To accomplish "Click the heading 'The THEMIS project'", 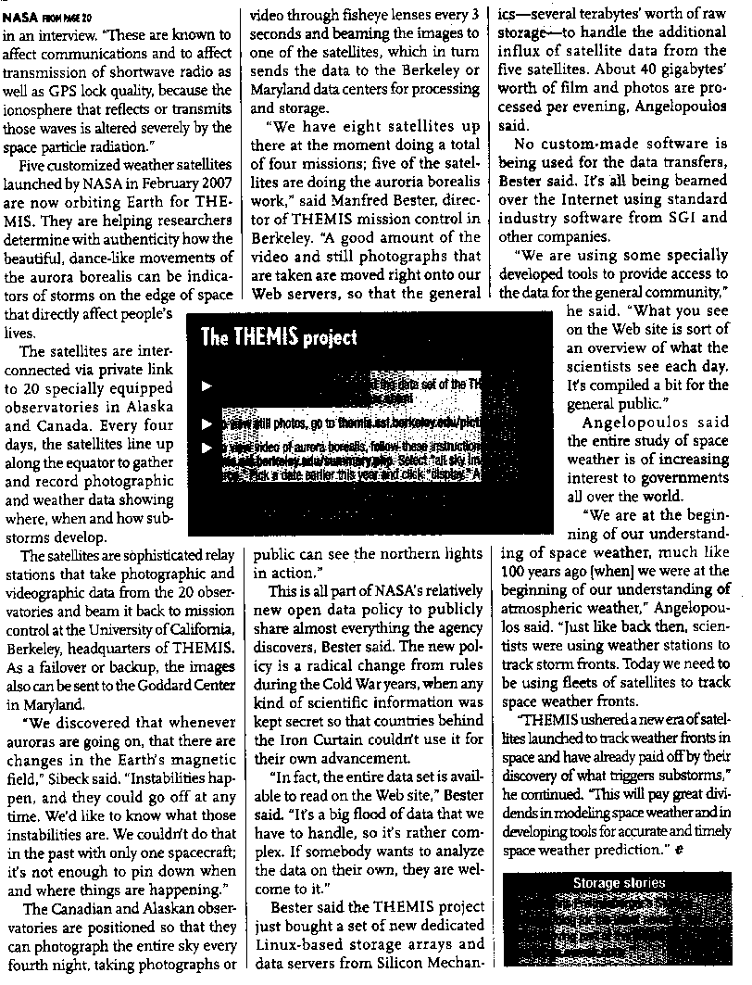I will [278, 337].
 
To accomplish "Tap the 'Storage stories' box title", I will [619, 882].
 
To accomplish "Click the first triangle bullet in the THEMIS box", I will [207, 385].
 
